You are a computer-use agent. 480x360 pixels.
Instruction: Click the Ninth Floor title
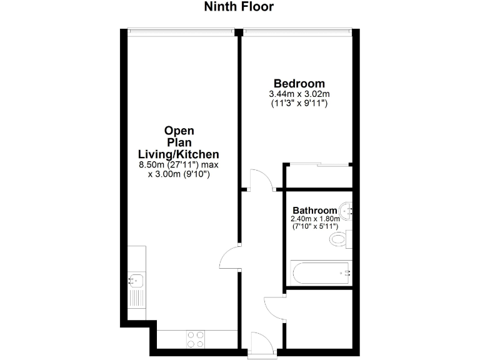239,7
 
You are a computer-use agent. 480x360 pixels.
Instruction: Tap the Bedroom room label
299,84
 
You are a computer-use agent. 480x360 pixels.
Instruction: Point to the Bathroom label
315,211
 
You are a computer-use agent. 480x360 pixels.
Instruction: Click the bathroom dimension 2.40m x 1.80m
315,219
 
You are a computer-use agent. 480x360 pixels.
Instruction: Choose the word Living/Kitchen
179,154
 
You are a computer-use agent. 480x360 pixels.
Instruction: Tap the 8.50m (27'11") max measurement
179,165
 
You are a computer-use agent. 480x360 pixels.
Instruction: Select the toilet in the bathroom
341,239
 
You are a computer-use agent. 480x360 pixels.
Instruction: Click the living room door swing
229,257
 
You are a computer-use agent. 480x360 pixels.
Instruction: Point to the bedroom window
297,30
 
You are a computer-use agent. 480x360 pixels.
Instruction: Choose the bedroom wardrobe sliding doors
319,165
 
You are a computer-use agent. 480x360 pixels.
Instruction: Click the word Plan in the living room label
179,142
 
